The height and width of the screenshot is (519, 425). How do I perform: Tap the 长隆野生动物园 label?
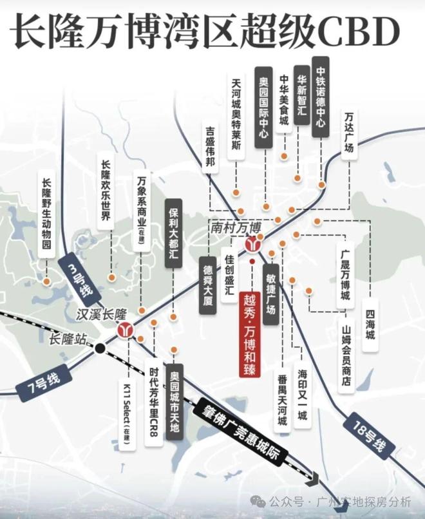46,214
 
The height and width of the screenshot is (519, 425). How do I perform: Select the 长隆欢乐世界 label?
106,191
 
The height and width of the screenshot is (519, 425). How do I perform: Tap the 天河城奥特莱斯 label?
236,116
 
